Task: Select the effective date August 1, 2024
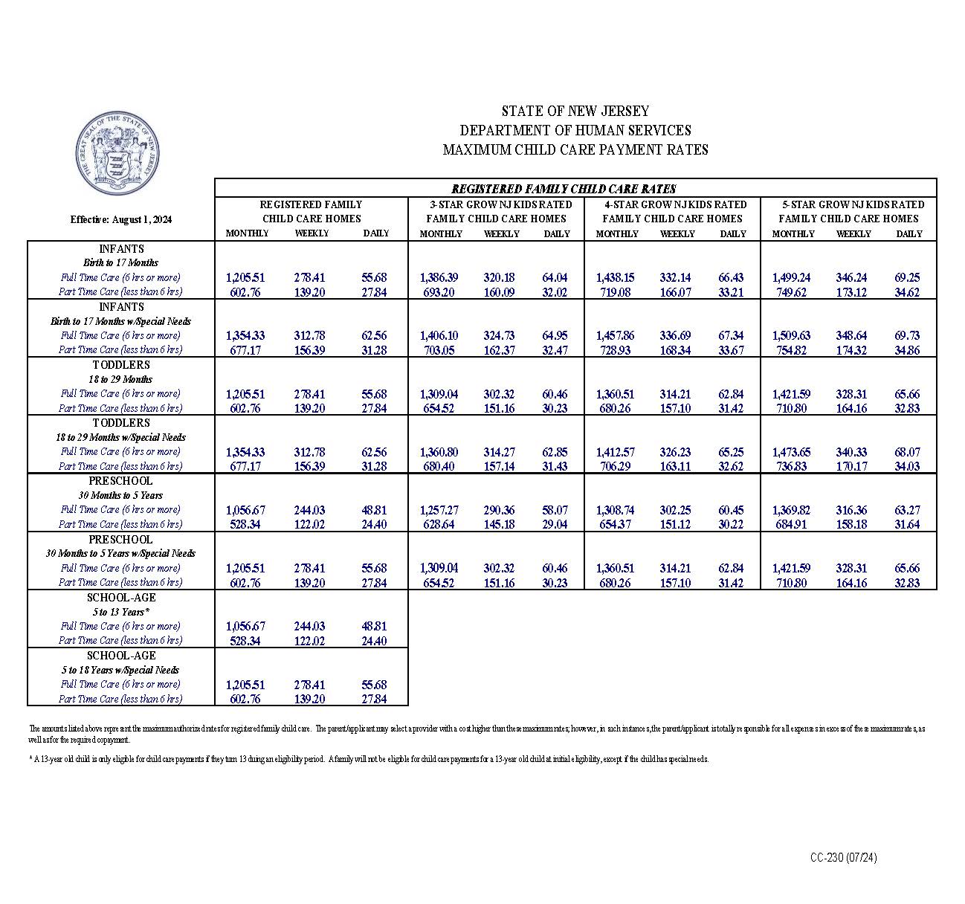tap(121, 219)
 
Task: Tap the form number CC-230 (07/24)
tap(843, 858)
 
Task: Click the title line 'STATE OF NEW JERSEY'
tap(575, 112)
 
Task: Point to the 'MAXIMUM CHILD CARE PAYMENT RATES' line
tap(575, 150)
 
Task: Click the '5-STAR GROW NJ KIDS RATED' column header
tap(853, 204)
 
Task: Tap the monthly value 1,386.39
tap(439, 278)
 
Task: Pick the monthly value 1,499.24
tap(791, 278)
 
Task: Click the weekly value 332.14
tap(675, 278)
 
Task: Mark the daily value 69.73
tap(907, 336)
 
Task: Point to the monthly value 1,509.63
tap(791, 336)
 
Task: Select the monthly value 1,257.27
tap(439, 510)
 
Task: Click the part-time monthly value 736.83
tap(791, 466)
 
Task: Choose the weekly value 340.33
tap(851, 452)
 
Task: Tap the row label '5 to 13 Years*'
tap(121, 612)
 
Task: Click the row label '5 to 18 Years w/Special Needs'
tap(121, 670)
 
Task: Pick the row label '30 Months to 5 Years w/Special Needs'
tap(121, 553)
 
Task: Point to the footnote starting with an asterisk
tap(368, 760)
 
